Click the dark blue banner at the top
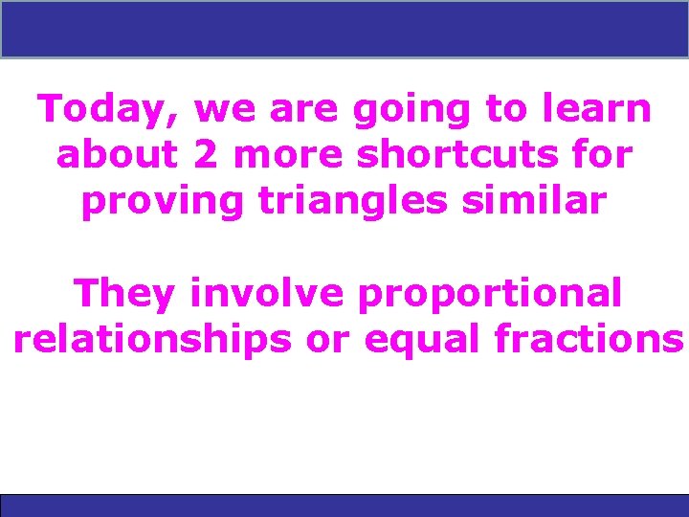point(344,29)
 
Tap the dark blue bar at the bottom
point(344,506)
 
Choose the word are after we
point(305,111)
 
